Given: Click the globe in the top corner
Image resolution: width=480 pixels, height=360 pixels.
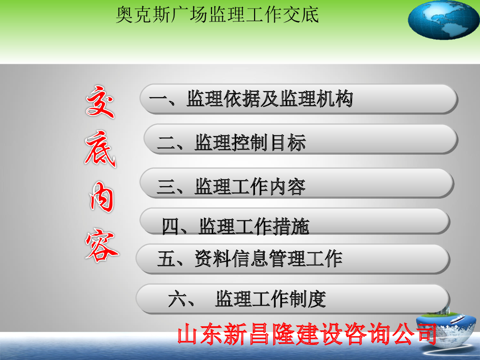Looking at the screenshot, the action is [x=443, y=20].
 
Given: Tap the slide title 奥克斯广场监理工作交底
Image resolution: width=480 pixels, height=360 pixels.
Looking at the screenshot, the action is [x=217, y=15].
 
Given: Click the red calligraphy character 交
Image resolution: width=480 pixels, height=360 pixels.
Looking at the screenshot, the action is [x=100, y=102].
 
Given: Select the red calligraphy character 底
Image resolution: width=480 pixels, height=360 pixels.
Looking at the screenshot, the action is [x=100, y=149].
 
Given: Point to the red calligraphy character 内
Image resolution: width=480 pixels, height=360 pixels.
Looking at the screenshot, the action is [x=102, y=197].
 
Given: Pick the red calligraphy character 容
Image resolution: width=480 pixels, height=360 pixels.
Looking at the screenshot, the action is [x=102, y=245].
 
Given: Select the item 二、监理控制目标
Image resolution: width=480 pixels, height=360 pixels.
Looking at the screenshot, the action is [x=232, y=142].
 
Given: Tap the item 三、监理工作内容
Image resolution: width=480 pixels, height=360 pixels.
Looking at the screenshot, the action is [x=231, y=187].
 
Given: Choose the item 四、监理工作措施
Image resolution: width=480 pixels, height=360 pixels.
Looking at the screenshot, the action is [x=235, y=226].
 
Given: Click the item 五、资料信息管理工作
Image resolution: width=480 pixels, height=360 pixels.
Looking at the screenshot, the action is [x=249, y=259].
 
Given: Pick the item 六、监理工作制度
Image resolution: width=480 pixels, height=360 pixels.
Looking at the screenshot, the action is [x=247, y=299].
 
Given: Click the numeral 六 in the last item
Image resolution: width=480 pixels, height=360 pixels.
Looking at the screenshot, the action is [x=177, y=299].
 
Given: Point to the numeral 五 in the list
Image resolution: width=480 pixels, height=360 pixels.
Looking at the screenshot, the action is [x=165, y=259].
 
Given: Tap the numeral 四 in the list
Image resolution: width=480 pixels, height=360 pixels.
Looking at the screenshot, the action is [x=171, y=226].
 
